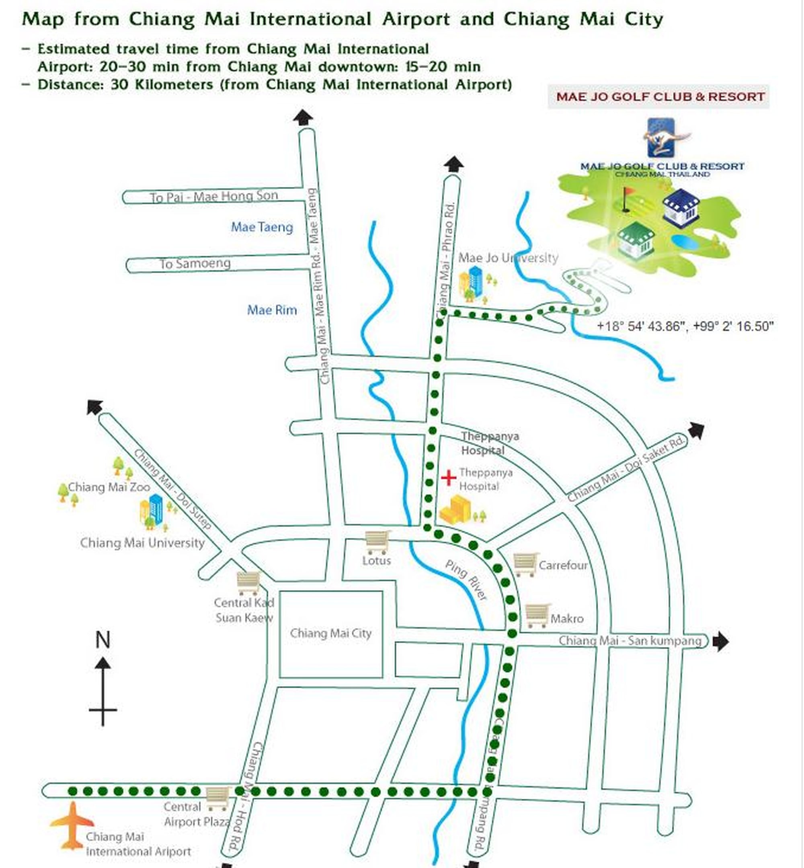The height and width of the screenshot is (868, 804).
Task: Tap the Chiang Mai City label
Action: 331,633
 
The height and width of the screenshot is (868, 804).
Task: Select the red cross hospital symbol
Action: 449,478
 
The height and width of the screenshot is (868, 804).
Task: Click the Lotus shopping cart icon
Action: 377,542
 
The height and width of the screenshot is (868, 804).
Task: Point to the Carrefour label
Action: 563,565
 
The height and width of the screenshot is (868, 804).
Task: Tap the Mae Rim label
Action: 272,310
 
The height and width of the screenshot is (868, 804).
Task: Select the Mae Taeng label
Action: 262,227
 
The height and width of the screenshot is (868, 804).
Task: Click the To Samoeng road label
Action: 195,264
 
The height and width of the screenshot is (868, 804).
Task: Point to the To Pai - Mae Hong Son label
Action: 214,197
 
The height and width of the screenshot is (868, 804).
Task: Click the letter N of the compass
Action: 103,640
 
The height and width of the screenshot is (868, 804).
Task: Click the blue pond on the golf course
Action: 684,242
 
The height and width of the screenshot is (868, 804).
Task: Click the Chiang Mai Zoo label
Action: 109,487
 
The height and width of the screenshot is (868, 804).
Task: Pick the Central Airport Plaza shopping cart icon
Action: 217,798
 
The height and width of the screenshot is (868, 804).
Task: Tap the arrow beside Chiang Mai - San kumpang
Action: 720,641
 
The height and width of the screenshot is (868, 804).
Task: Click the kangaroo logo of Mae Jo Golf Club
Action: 662,138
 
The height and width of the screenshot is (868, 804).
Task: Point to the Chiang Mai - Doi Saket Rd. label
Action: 626,470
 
